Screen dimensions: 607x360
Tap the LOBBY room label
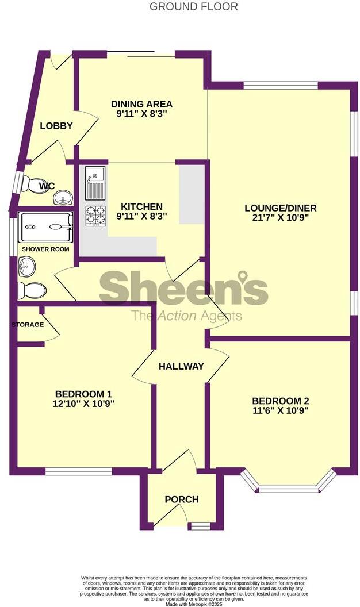pyautogui.click(x=56, y=126)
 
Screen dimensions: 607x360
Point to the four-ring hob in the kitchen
pyautogui.click(x=95, y=215)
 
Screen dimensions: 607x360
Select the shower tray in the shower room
pyautogui.click(x=46, y=227)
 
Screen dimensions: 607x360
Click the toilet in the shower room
pyautogui.click(x=32, y=290)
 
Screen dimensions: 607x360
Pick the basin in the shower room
pyautogui.click(x=26, y=266)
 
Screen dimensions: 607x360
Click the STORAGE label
pyautogui.click(x=28, y=325)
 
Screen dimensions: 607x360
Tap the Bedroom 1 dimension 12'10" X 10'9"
pyautogui.click(x=83, y=404)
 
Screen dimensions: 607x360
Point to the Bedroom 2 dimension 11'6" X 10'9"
pyautogui.click(x=280, y=411)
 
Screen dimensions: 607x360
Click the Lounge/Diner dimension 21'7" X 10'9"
pyautogui.click(x=280, y=218)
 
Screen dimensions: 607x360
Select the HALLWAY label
pyautogui.click(x=181, y=366)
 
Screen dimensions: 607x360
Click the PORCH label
pyautogui.click(x=182, y=500)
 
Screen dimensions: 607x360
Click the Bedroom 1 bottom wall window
pyautogui.click(x=79, y=471)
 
